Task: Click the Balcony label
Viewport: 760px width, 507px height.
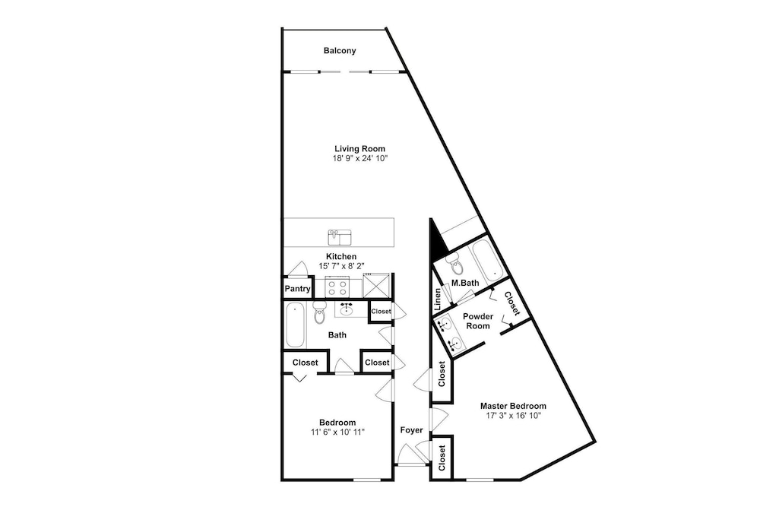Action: tap(340, 50)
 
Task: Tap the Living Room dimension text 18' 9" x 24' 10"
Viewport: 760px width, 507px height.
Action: tap(359, 159)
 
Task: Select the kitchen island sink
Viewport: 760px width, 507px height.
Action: tap(339, 237)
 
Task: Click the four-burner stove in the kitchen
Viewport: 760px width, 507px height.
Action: tap(337, 286)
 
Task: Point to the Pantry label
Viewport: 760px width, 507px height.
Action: tap(297, 289)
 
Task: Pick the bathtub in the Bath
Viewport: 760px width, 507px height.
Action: tap(295, 325)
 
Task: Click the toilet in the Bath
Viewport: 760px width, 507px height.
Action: tap(320, 312)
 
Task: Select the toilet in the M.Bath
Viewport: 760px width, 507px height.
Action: tap(455, 265)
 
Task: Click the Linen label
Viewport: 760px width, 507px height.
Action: tap(438, 299)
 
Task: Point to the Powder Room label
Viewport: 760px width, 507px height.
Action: tap(478, 321)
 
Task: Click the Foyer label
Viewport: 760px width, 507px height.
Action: tap(411, 430)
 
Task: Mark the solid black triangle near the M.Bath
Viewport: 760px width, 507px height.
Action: tap(438, 239)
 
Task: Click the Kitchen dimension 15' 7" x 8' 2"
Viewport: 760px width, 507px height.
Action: tap(341, 265)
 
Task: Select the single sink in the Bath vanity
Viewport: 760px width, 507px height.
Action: tap(347, 309)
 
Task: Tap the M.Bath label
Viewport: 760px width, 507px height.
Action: tap(465, 283)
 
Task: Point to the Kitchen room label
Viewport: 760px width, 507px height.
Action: tap(341, 256)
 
